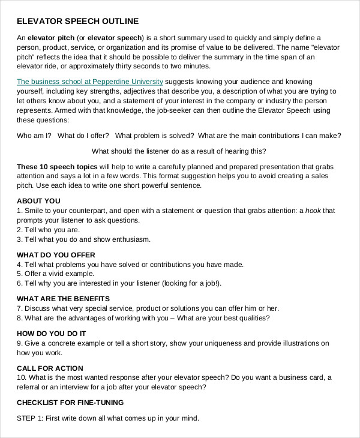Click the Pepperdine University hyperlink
pyautogui.click(x=89, y=81)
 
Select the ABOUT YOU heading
pyautogui.click(x=38, y=201)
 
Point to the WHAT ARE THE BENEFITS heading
pyautogui.click(x=63, y=299)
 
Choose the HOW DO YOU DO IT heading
pyautogui.click(x=51, y=333)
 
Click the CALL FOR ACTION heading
pyautogui.click(x=50, y=368)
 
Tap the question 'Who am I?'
pyautogui.click(x=34, y=136)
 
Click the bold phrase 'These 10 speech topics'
pyautogui.click(x=56, y=166)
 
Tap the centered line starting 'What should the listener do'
pyautogui.click(x=179, y=151)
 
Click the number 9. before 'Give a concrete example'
pyautogui.click(x=20, y=343)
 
